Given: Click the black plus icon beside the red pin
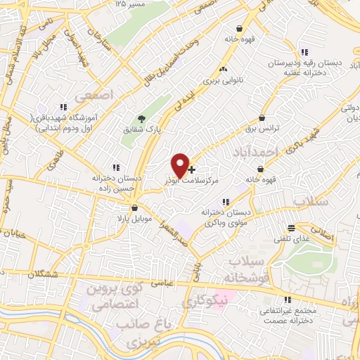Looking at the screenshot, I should (x=192, y=169).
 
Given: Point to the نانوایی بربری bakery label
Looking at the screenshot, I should (x=223, y=80).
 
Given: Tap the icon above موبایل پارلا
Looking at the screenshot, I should (x=134, y=208).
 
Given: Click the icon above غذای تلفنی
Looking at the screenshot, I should (x=292, y=227).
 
